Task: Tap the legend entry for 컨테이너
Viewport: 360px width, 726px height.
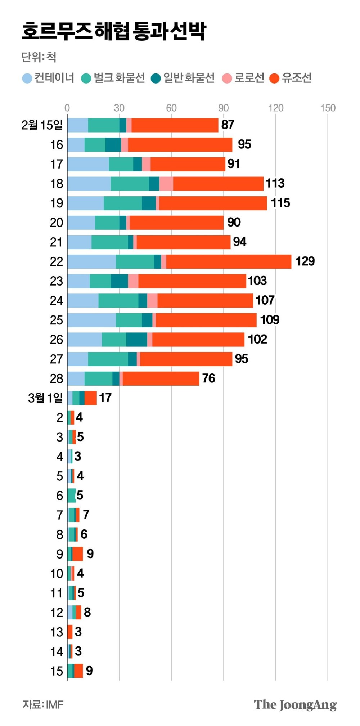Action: pos(49,78)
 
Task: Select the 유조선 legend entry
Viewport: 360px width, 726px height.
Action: pos(291,78)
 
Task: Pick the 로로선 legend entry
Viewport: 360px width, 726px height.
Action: pos(244,78)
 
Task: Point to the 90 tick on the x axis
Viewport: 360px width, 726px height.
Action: pos(223,108)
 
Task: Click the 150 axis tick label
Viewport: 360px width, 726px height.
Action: pos(328,108)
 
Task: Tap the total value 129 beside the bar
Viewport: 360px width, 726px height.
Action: pos(305,261)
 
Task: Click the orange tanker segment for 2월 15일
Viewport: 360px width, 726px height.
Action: pos(175,125)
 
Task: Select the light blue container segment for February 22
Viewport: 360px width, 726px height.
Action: pos(91,261)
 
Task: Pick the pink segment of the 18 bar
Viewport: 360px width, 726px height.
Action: pos(166,184)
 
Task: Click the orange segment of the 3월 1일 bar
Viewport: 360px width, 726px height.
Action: pos(90,398)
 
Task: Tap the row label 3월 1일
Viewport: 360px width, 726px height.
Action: pos(45,398)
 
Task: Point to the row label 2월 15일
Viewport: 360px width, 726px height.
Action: pos(42,125)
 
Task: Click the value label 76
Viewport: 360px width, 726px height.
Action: pos(208,378)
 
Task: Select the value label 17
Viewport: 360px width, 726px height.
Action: pos(105,398)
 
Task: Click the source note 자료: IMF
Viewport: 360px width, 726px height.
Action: pos(43,704)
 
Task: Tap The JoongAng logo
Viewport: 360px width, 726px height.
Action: pos(295,705)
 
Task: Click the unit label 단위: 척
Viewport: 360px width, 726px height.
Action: pos(39,57)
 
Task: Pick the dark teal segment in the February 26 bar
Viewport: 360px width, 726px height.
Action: pos(136,340)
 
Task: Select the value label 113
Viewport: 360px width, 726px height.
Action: pos(275,183)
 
